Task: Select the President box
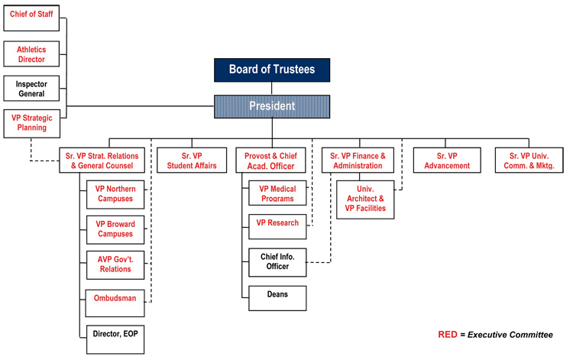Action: pos(271,106)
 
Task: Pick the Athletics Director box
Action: pos(31,54)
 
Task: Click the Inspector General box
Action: pos(31,89)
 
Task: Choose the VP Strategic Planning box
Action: pos(31,123)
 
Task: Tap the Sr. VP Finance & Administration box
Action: pos(357,161)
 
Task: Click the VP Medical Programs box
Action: pos(277,193)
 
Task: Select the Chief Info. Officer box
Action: pos(277,261)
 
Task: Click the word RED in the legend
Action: pos(448,335)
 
